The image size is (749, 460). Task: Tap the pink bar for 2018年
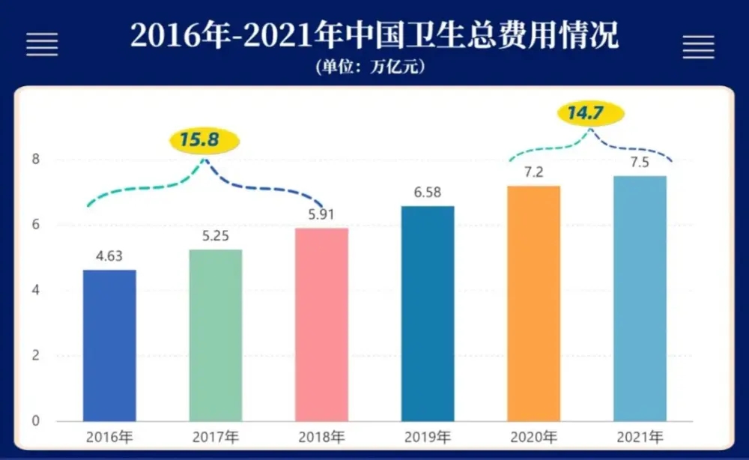321,324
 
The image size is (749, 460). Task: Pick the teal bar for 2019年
428,312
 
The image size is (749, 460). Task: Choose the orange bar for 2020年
533,303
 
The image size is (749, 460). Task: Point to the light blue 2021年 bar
640,297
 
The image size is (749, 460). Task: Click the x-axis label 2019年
428,437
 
